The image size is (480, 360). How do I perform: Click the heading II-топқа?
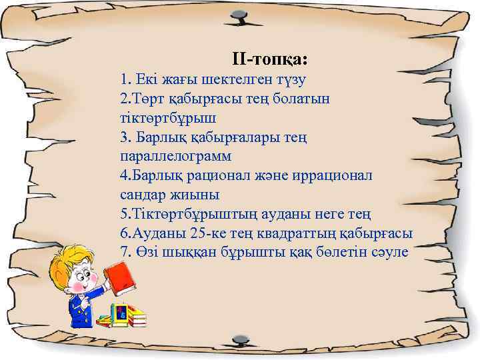pos(269,59)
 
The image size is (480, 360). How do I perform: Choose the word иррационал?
pos(334,175)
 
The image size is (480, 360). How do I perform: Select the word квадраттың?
pos(273,233)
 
